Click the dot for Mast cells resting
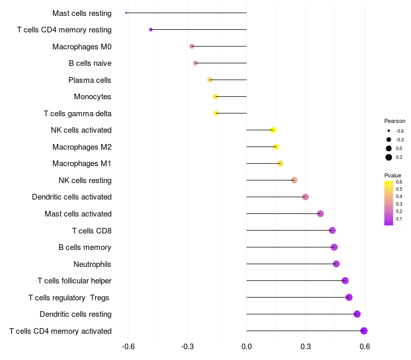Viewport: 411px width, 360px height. click(x=126, y=13)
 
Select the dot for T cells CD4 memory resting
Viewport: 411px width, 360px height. click(x=151, y=29)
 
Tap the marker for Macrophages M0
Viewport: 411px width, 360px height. click(x=192, y=46)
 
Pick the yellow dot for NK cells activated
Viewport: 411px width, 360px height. click(x=273, y=130)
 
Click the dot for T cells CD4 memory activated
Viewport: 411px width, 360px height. click(x=364, y=331)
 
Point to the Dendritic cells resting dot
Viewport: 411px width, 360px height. click(x=357, y=314)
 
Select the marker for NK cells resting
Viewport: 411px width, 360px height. click(x=294, y=180)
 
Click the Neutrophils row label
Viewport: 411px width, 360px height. click(x=92, y=264)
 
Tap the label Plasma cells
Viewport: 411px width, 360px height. click(x=90, y=80)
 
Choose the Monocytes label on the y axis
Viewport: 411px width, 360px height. click(x=92, y=97)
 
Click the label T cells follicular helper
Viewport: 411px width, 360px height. click(x=74, y=281)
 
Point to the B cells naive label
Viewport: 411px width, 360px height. click(x=90, y=63)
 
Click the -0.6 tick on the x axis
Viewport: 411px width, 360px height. click(x=128, y=347)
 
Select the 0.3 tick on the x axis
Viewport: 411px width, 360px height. click(x=306, y=347)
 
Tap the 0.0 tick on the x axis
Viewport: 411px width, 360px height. click(x=247, y=347)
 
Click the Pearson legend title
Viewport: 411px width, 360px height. click(x=395, y=121)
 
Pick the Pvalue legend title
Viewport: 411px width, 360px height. click(x=393, y=175)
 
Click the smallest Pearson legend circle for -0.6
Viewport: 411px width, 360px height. click(x=389, y=131)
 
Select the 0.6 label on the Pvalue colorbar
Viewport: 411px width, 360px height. click(x=399, y=182)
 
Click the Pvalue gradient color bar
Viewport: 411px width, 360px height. click(x=389, y=203)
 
